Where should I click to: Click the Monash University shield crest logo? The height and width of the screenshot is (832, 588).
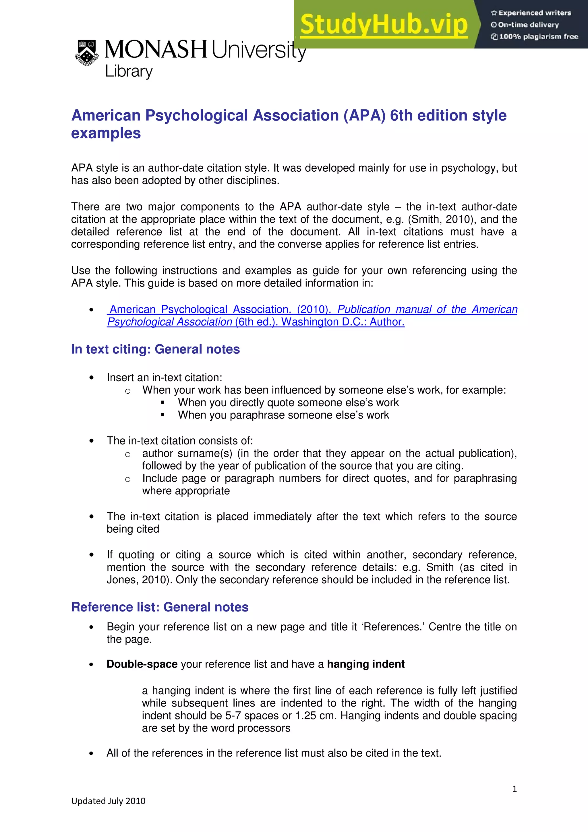(87, 53)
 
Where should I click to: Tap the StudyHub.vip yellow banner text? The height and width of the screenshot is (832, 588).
(384, 25)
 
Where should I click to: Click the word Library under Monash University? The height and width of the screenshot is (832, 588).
(129, 71)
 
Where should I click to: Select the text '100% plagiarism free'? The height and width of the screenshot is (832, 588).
(538, 36)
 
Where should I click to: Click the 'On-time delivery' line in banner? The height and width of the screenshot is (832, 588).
(528, 25)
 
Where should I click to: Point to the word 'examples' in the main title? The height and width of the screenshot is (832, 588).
(106, 133)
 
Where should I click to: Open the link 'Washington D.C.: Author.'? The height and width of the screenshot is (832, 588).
(343, 322)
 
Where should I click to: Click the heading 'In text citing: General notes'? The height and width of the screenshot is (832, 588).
(155, 349)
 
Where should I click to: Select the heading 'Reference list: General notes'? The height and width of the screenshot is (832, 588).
(160, 607)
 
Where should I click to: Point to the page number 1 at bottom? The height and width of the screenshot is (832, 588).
(514, 789)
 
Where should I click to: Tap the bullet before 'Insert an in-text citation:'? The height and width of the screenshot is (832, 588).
(91, 378)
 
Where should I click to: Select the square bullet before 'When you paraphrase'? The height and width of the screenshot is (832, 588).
(163, 415)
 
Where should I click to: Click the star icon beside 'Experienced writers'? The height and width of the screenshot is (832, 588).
(494, 13)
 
